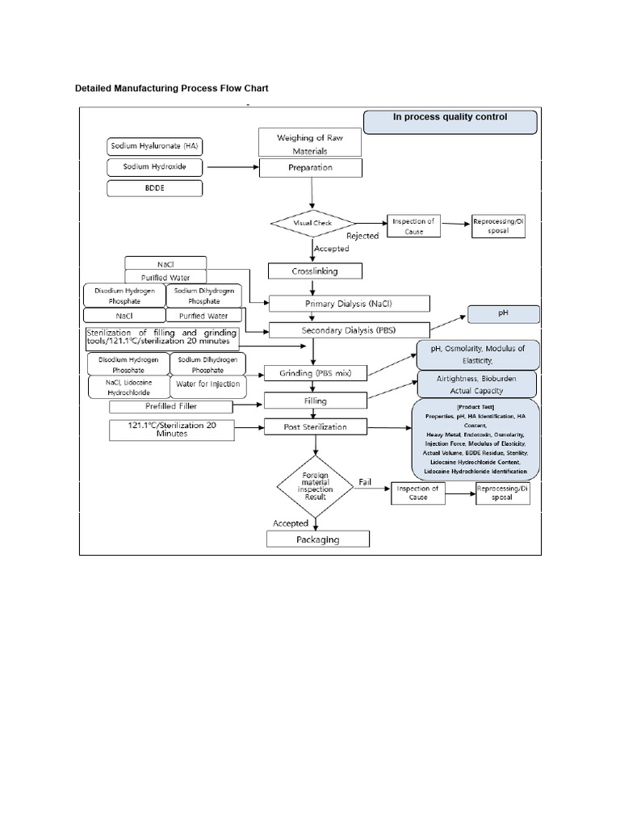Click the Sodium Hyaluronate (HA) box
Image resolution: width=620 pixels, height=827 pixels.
(154, 146)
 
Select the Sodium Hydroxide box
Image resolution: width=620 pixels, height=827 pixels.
(154, 167)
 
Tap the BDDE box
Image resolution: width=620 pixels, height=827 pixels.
(154, 188)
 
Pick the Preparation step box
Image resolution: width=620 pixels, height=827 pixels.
(310, 168)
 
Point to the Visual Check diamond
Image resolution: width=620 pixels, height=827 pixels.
(312, 223)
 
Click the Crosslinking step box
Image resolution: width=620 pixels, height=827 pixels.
(314, 271)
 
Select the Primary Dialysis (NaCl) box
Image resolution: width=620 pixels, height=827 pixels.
(350, 304)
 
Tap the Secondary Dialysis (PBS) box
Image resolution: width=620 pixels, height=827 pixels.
(349, 330)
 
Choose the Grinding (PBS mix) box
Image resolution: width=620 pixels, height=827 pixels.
(315, 373)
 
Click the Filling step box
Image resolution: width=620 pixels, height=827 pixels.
(315, 400)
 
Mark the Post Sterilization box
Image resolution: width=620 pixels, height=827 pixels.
(315, 426)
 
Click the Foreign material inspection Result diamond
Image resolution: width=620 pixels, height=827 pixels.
(315, 487)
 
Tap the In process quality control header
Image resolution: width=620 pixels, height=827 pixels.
(450, 121)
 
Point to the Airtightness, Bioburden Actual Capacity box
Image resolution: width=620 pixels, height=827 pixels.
(477, 385)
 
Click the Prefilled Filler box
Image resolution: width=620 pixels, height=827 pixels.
(170, 406)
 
